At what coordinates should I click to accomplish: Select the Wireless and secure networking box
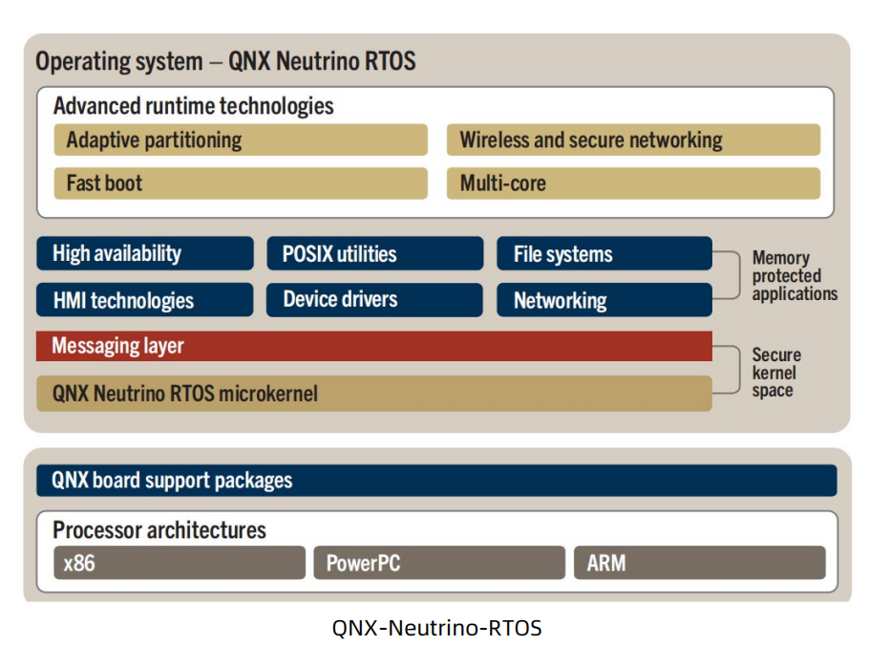[x=633, y=140]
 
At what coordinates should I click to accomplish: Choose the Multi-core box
[x=633, y=183]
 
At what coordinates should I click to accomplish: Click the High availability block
[x=145, y=254]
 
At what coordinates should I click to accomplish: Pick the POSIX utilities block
[x=375, y=254]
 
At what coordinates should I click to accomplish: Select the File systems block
[x=604, y=254]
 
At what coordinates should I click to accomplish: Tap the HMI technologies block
[x=145, y=300]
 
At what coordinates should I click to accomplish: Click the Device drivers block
[x=375, y=300]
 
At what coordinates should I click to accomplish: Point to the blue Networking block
[x=604, y=300]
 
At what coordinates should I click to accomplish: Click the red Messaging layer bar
[x=374, y=346]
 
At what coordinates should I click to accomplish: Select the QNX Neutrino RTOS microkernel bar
[x=374, y=393]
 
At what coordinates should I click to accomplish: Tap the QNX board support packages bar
[x=436, y=480]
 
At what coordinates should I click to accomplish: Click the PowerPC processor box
[x=438, y=563]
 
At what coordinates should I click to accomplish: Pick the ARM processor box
[x=699, y=563]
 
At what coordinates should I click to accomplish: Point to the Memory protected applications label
[x=794, y=276]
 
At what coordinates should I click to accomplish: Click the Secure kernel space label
[x=776, y=373]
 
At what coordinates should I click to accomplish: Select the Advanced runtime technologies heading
[x=194, y=105]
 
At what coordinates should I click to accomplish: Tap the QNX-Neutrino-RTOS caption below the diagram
[x=436, y=628]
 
